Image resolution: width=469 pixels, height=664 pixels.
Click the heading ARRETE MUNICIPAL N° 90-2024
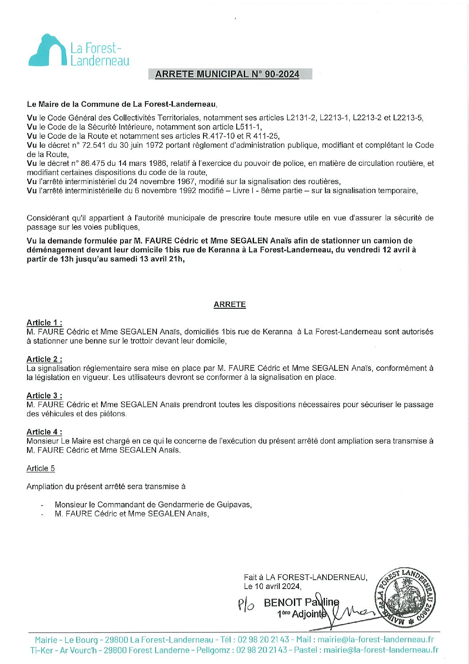coord(227,74)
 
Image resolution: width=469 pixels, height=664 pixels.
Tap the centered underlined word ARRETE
coord(230,304)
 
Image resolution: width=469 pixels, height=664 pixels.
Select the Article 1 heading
coord(44,323)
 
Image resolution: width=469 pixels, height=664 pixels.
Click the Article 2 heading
coord(44,359)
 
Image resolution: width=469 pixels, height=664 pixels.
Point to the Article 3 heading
coord(44,396)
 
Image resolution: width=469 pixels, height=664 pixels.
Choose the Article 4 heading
coord(44,432)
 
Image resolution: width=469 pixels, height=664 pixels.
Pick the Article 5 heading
coord(41,468)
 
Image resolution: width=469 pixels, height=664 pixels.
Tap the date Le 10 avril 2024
coord(272,586)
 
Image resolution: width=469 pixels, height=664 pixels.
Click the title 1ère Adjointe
coord(301,614)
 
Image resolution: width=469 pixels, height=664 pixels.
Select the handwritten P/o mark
coord(246,604)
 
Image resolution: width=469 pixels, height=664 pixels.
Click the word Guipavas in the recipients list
coord(234,505)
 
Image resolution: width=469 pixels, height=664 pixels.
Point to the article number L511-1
coord(248,127)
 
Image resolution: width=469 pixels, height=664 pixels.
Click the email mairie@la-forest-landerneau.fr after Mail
coord(375,640)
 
